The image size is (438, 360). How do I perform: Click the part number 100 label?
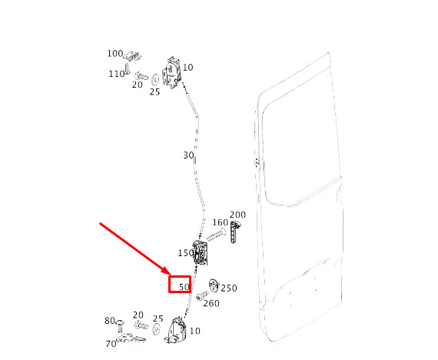click(115, 53)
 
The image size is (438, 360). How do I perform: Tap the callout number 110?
click(117, 74)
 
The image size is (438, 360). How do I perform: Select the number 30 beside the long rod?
click(188, 155)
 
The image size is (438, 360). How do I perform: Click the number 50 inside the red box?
click(184, 287)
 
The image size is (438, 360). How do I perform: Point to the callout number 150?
click(186, 253)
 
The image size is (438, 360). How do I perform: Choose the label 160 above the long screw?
click(220, 222)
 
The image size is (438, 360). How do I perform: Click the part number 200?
click(237, 215)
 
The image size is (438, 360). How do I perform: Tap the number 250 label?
click(229, 288)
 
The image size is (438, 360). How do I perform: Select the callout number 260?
click(211, 304)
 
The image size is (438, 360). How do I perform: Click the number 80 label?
click(110, 321)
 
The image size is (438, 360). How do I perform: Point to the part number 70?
click(111, 344)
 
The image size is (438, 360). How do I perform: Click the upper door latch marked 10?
click(171, 73)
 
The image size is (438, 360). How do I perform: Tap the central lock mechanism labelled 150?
click(201, 252)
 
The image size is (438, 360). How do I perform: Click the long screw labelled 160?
click(216, 235)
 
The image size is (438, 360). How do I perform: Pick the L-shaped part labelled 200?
click(235, 232)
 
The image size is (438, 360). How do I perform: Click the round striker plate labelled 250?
click(214, 285)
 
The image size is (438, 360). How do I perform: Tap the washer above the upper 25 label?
click(155, 80)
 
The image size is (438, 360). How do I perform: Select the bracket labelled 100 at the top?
click(132, 56)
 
